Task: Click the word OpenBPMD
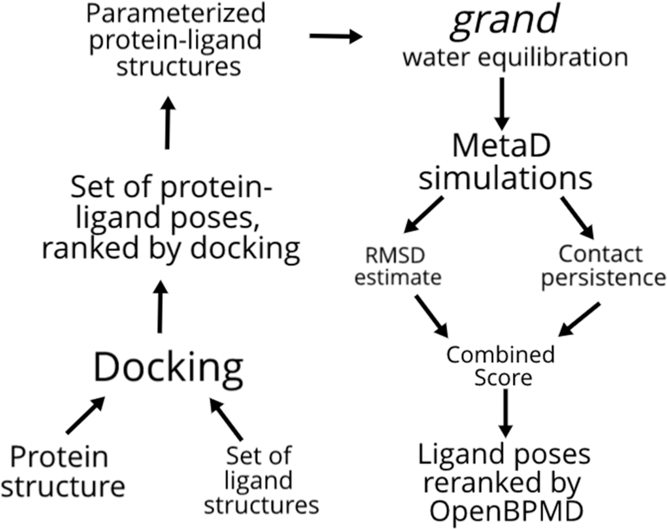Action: point(506,511)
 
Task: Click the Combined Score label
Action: point(501,366)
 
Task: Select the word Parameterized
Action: point(176,13)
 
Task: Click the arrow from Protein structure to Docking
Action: point(85,415)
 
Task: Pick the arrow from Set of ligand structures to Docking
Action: point(227,419)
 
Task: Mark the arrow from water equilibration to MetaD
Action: point(502,103)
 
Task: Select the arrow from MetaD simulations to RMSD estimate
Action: point(424,214)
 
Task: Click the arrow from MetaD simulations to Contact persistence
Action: point(577,217)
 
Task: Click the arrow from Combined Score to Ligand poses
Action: point(506,413)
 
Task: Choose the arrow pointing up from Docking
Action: point(160,307)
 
